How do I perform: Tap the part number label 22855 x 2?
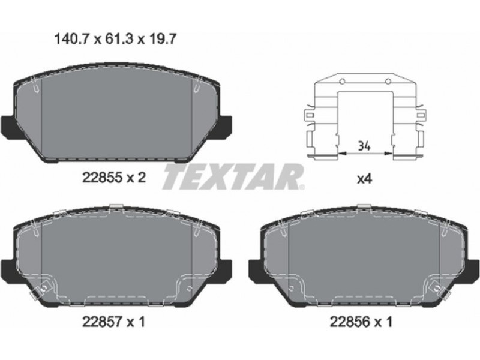tap(113, 178)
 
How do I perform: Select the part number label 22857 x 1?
tap(113, 322)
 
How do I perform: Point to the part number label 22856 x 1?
tap(361, 322)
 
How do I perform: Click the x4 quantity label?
tap(365, 179)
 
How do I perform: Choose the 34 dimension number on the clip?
tap(364, 146)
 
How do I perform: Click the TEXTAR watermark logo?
tap(233, 176)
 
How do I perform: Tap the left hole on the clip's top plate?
tap(342, 82)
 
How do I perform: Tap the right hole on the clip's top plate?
tap(388, 82)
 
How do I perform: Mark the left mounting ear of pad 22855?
tap(8, 127)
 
